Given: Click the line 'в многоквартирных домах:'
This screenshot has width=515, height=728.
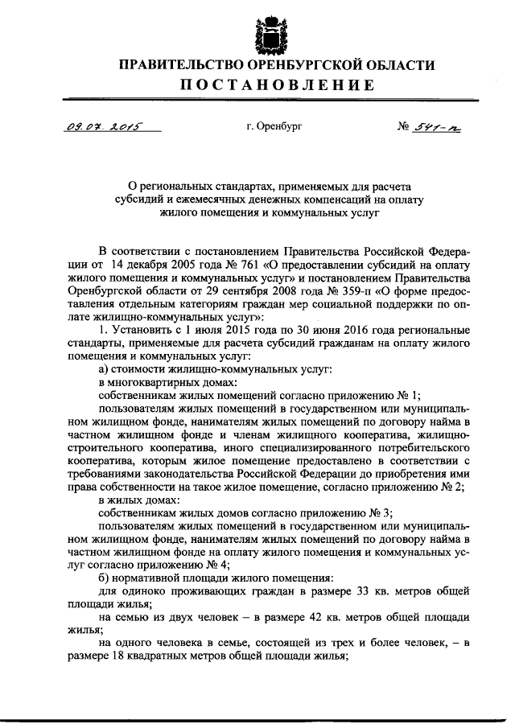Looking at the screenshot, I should point(153,383).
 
